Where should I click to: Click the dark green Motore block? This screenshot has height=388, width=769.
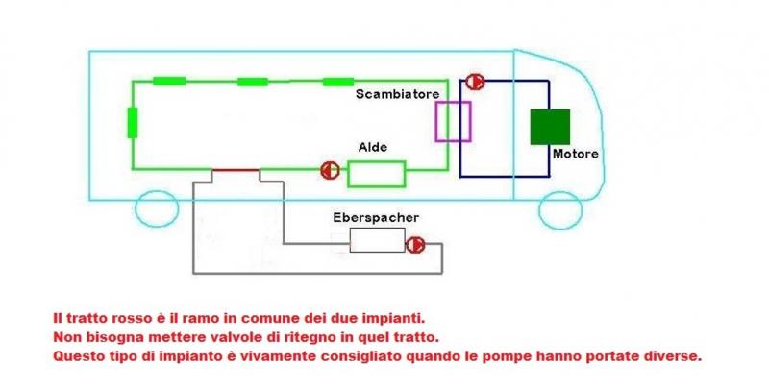(550, 127)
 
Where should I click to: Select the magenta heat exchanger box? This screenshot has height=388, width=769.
(454, 122)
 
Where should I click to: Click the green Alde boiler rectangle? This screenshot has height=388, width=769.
(377, 174)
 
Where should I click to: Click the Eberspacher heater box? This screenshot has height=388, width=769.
(377, 240)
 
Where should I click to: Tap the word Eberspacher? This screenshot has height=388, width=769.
(375, 217)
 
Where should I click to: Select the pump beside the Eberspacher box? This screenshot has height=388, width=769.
(415, 245)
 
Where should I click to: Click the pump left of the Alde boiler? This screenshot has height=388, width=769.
(329, 171)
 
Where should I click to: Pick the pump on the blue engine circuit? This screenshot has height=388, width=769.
(474, 83)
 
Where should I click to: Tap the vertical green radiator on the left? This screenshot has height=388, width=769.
(132, 123)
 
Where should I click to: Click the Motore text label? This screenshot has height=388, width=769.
(576, 154)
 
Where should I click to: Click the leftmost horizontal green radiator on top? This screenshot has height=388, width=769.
(168, 81)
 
